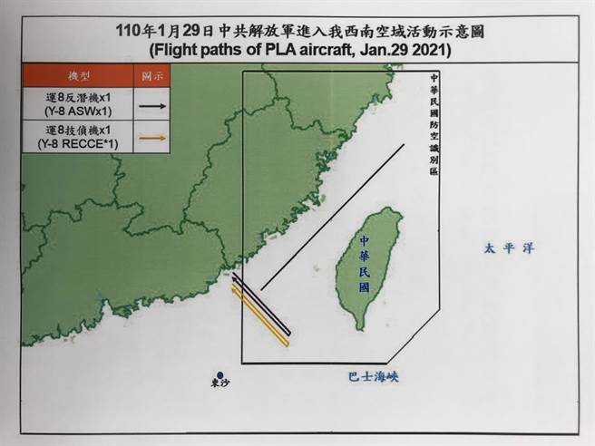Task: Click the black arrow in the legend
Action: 151,106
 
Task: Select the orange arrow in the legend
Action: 151,139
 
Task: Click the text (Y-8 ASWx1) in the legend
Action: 79,112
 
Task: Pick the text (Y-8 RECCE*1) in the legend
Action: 79,144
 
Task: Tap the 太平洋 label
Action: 505,247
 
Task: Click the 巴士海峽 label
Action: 372,373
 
